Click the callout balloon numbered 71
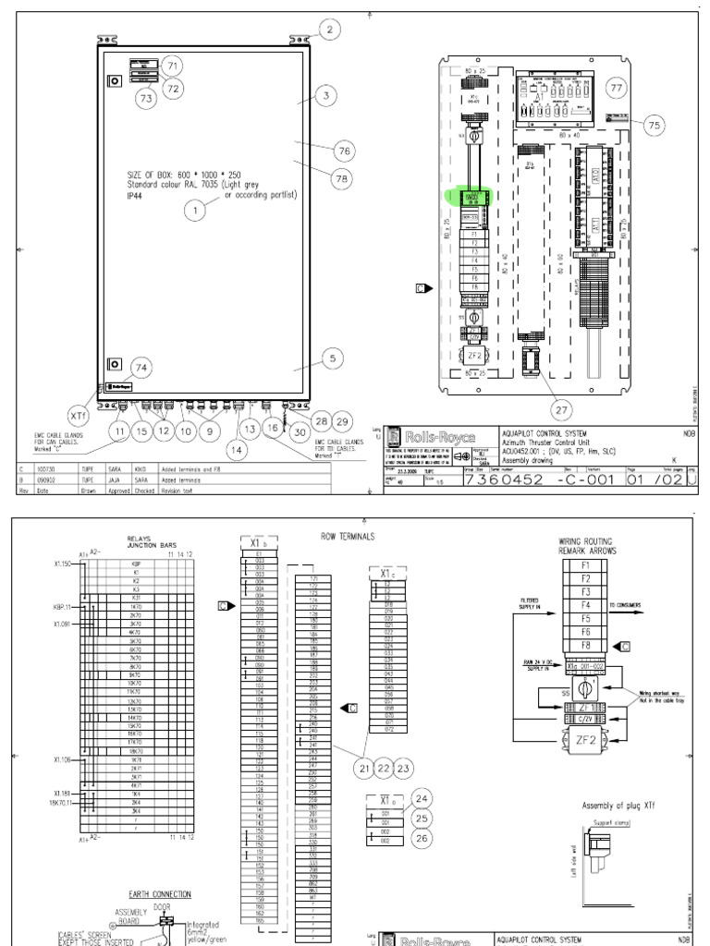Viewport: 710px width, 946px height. click(x=171, y=65)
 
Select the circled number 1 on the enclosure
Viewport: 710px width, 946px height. click(x=194, y=212)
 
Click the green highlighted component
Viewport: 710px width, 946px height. click(x=471, y=197)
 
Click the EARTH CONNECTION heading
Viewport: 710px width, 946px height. click(x=160, y=894)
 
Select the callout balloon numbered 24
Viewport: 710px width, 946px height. click(x=422, y=798)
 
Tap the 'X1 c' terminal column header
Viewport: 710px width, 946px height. click(x=385, y=573)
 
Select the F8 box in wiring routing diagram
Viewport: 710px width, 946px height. click(x=585, y=643)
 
